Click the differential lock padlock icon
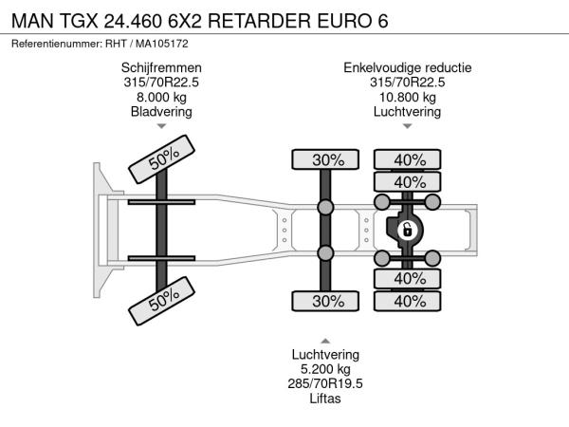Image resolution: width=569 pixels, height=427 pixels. tap(407, 231)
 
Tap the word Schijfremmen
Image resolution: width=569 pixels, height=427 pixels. tap(161, 68)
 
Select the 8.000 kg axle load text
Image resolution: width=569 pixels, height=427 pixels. tap(161, 98)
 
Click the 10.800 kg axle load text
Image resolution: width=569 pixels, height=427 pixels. tap(408, 98)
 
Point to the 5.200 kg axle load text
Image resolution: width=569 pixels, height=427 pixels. tap(325, 369)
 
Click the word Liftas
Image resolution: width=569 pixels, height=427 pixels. tap(325, 399)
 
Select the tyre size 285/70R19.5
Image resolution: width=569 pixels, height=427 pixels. tap(325, 383)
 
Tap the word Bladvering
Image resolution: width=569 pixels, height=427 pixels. tap(161, 112)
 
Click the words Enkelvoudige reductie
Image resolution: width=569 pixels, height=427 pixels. tap(408, 68)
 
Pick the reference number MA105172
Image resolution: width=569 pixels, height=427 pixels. tap(162, 44)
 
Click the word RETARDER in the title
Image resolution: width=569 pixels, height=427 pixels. tap(260, 21)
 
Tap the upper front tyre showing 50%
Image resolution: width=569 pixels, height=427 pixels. tap(162, 159)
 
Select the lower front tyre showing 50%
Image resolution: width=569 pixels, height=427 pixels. tap(162, 301)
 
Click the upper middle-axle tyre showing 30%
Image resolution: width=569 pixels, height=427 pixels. tap(325, 159)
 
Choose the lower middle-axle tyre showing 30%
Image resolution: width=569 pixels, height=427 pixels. tap(325, 301)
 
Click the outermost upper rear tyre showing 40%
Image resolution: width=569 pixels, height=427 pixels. tap(408, 159)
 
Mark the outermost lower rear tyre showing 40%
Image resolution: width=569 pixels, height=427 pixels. tap(408, 301)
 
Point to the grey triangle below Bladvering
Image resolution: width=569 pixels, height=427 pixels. tap(161, 126)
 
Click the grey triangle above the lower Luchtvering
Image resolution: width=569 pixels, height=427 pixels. tap(325, 341)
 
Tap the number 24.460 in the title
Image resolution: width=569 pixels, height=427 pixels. tap(133, 21)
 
